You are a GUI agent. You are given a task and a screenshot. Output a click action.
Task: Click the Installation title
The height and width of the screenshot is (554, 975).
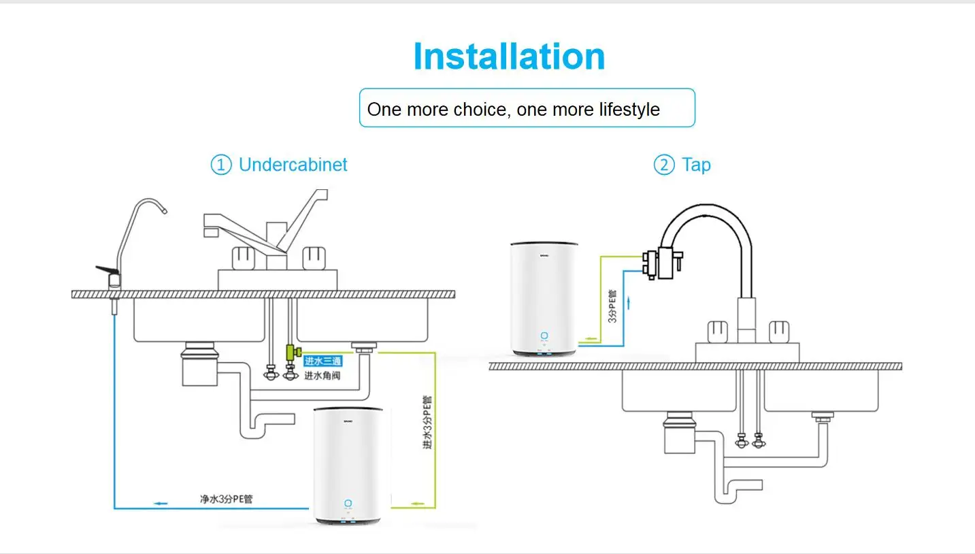[x=509, y=56]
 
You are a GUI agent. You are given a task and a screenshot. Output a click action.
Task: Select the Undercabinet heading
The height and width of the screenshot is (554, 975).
[x=293, y=165]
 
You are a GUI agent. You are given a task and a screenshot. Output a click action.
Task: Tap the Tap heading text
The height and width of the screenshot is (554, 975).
[x=696, y=165]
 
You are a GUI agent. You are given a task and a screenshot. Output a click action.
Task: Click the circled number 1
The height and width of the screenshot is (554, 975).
[x=220, y=165]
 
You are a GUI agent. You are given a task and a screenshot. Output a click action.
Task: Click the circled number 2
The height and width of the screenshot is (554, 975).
[x=663, y=165]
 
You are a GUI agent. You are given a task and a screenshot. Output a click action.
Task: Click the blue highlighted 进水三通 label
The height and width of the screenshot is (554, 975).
[x=323, y=361]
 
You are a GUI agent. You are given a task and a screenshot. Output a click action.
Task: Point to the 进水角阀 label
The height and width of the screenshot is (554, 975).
[x=322, y=375]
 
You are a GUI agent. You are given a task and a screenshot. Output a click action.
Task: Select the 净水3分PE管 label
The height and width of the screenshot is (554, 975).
[x=226, y=499]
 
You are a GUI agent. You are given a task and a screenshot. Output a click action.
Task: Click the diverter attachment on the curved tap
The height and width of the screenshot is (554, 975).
[x=661, y=263]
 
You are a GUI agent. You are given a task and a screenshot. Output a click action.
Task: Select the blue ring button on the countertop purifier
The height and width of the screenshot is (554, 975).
[x=544, y=336]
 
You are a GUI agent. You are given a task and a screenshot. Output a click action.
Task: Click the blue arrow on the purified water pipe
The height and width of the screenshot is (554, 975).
[x=160, y=504]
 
